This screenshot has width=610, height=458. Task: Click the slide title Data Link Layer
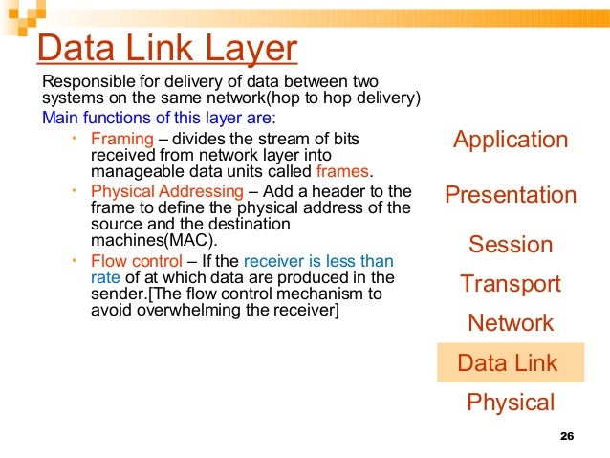click(x=166, y=49)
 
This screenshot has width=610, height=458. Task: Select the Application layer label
click(x=511, y=140)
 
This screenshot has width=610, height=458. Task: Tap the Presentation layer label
click(x=511, y=195)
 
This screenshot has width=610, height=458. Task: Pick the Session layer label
click(x=511, y=245)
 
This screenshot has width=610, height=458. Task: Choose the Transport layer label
click(x=511, y=284)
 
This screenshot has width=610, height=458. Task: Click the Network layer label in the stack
click(x=511, y=323)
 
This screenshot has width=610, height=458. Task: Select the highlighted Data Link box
click(x=508, y=363)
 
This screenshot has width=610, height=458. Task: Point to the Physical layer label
click(x=511, y=403)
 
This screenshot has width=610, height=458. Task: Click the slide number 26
click(x=565, y=437)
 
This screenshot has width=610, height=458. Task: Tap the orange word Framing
click(x=121, y=139)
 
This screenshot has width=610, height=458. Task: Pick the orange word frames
click(x=341, y=171)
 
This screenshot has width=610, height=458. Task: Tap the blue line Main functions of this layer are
click(x=159, y=118)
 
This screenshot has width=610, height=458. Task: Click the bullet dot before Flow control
click(x=75, y=259)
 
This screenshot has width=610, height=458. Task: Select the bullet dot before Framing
click(x=75, y=138)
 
